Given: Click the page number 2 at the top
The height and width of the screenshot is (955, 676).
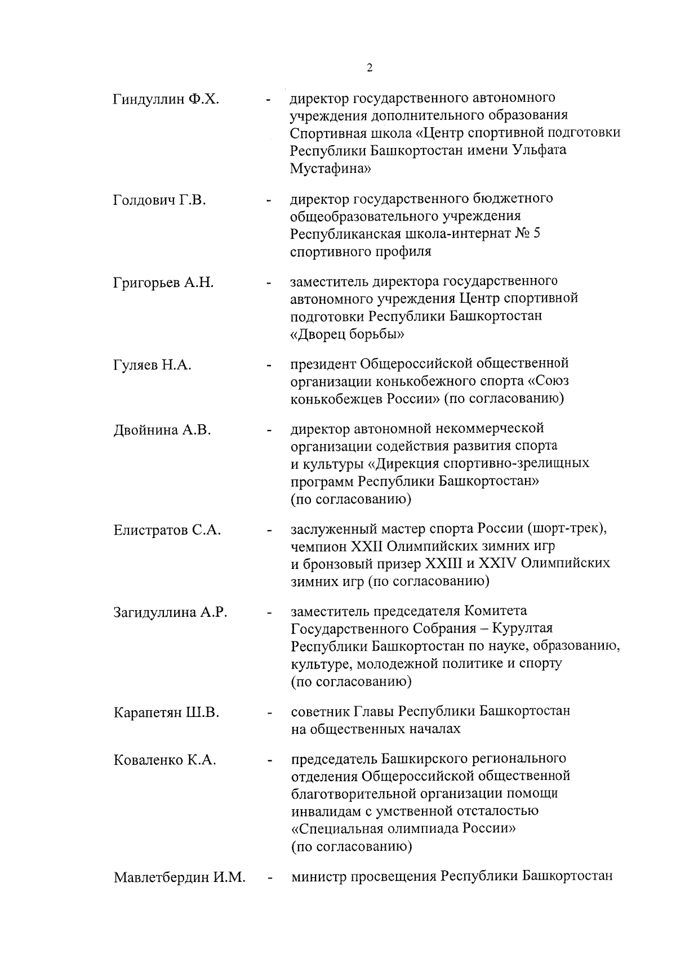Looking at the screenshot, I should click(x=369, y=69).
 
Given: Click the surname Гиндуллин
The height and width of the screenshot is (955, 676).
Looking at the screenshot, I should click(x=148, y=100).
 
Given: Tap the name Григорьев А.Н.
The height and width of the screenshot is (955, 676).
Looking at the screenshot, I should click(x=163, y=283).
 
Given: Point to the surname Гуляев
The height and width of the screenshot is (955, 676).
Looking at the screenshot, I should click(x=136, y=365).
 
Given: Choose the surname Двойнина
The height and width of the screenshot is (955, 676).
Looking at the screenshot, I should click(x=145, y=431).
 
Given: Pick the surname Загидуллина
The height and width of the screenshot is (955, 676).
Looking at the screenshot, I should click(x=154, y=613).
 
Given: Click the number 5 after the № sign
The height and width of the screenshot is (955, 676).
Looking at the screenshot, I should click(x=536, y=234).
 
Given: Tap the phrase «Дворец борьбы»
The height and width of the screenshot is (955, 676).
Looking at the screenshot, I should click(x=347, y=334).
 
